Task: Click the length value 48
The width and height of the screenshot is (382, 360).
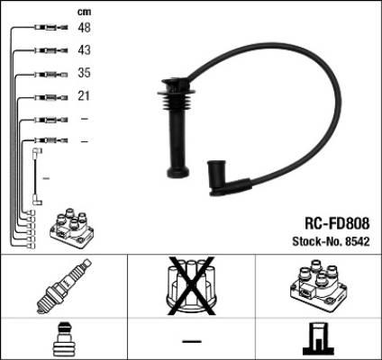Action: point(84,28)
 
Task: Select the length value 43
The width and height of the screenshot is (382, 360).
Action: point(84,50)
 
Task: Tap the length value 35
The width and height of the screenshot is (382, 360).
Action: point(84,73)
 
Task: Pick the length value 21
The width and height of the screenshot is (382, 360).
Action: point(84,95)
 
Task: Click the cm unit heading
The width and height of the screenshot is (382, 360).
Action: point(84,11)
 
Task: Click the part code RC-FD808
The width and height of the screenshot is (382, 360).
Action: point(330,221)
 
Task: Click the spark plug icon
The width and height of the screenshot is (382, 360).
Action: point(63,286)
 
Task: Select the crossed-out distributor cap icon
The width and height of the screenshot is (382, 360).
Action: point(191,285)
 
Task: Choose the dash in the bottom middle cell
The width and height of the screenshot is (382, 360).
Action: point(191,340)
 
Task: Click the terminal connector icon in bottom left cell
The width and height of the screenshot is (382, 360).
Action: point(63,339)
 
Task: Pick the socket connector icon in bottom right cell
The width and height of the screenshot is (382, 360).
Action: point(318,339)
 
